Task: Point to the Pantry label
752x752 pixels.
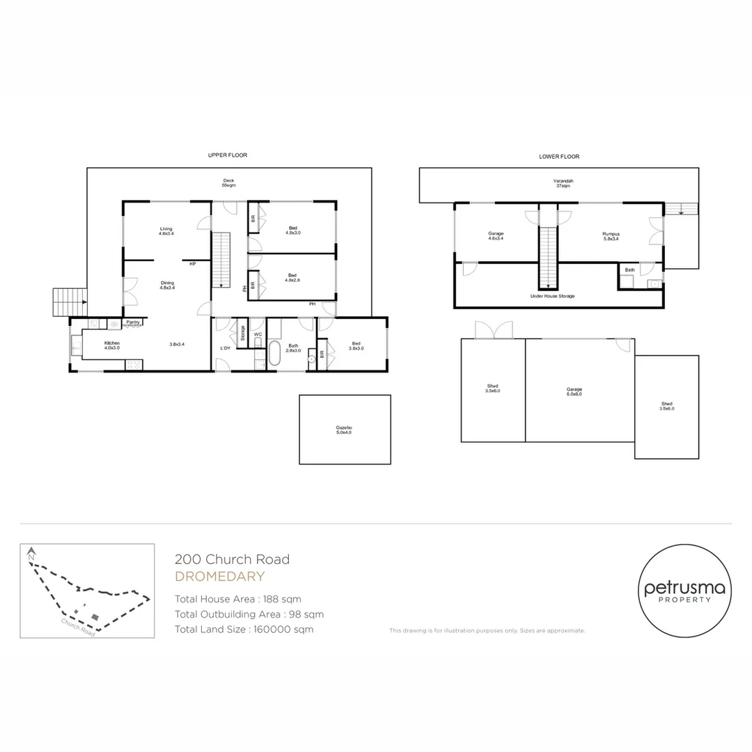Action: point(133,322)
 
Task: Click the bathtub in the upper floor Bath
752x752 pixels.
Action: point(274,353)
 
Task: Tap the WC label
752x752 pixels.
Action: point(258,334)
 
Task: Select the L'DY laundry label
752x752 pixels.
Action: point(226,347)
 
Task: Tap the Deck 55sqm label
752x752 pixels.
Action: point(228,183)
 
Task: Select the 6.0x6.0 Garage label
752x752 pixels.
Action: point(574,391)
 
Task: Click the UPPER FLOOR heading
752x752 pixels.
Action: point(228,155)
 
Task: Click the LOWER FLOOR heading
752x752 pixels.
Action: point(559,157)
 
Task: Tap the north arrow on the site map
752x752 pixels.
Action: point(31,556)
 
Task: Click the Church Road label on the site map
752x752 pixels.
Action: point(77,627)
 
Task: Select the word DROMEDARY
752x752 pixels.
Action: point(219,577)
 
